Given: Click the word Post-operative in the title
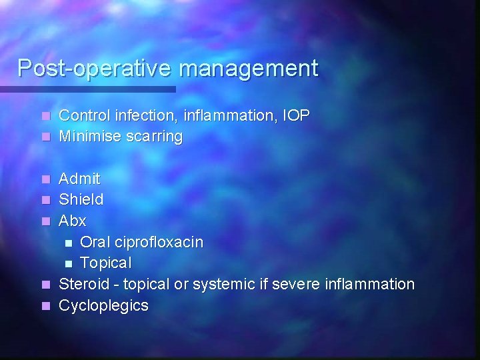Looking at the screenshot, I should pos(94,69).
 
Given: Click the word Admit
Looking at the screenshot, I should pos(79,179).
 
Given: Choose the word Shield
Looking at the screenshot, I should pos(81,199).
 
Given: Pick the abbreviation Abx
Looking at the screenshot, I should pos(73,221).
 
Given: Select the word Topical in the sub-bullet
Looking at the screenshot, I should pos(106,263).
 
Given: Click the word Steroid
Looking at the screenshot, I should pos(83,285).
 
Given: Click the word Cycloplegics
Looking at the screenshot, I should pos(104,306).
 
